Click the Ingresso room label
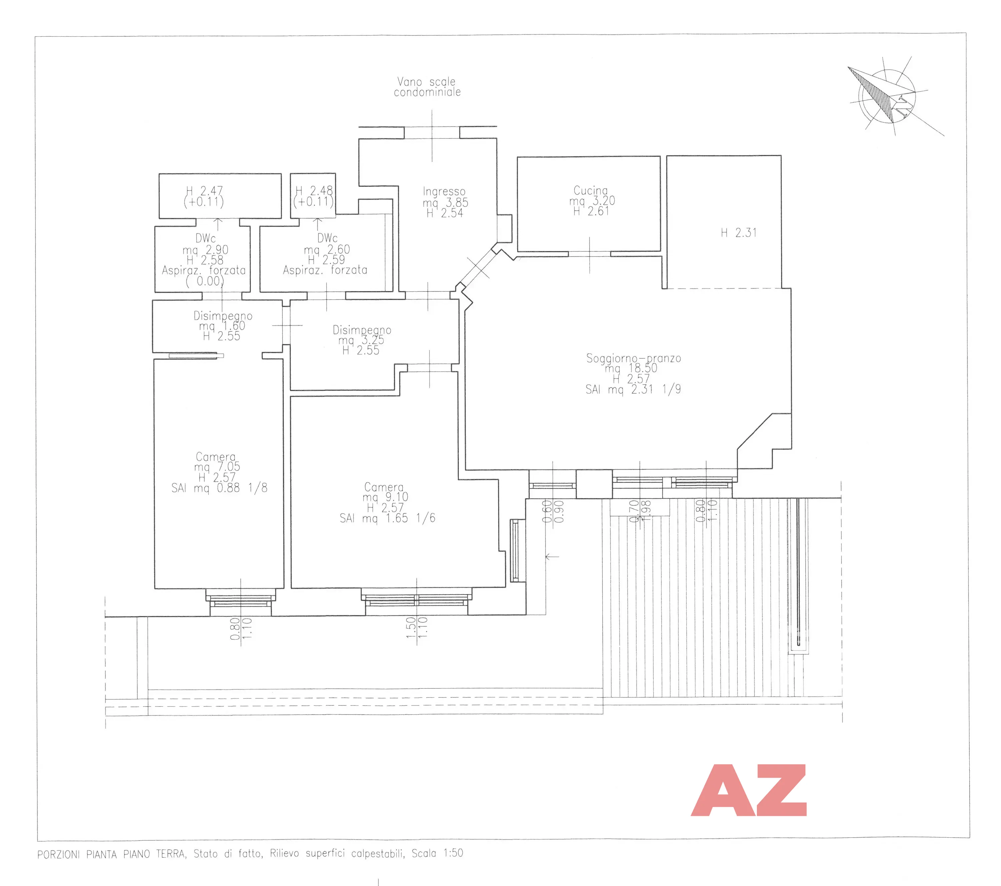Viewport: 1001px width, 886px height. [x=444, y=192]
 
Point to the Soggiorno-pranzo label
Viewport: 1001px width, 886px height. [x=634, y=358]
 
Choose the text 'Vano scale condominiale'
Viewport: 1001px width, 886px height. [x=427, y=87]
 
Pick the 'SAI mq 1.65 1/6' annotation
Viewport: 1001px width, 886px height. [x=387, y=518]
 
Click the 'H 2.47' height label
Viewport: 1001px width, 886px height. [x=205, y=191]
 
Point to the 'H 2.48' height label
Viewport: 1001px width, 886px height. [x=314, y=191]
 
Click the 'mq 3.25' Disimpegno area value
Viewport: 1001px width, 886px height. [x=361, y=340]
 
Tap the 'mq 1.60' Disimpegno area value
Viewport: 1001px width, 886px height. [x=222, y=326]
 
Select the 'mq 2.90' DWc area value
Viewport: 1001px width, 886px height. [x=206, y=250]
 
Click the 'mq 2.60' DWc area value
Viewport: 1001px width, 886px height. [x=327, y=249]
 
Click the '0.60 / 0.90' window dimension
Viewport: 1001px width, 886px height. [x=553, y=511]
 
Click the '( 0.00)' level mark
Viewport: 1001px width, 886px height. [x=205, y=281]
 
